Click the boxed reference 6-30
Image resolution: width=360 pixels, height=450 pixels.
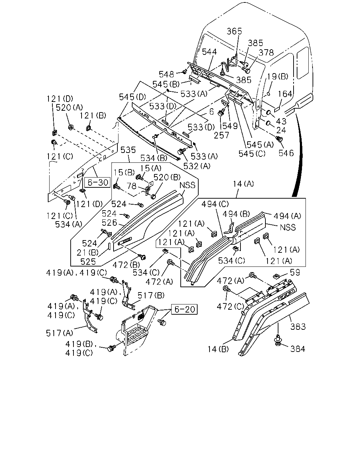click(97, 182)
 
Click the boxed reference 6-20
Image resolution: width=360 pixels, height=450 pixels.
click(184, 309)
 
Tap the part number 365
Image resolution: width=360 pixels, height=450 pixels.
click(234, 31)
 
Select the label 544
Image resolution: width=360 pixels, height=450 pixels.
click(209, 52)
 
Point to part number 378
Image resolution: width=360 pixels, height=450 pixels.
click(266, 52)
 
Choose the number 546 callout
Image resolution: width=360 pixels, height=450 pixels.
click(286, 153)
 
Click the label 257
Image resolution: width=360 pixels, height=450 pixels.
click(221, 135)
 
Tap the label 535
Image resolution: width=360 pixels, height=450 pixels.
click(128, 150)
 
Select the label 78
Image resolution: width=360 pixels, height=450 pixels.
click(131, 186)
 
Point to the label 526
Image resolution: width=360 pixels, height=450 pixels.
click(109, 223)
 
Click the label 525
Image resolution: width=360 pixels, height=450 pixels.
click(88, 262)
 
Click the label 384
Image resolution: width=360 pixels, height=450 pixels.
click(298, 349)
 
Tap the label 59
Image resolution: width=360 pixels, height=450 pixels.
click(295, 272)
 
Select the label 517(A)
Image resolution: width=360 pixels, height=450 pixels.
click(59, 333)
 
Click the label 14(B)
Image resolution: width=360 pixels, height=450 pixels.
click(218, 349)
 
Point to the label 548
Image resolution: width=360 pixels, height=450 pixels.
click(166, 74)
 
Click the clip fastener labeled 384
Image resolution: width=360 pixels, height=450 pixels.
click(278, 340)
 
